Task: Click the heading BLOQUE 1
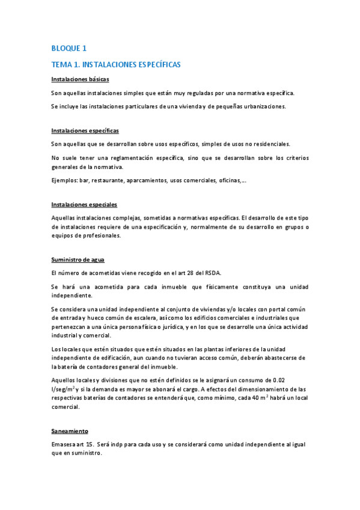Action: [x=69, y=48]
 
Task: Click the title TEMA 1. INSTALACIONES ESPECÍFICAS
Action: [x=116, y=64]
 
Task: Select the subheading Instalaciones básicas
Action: [x=80, y=79]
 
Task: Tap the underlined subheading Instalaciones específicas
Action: [x=85, y=130]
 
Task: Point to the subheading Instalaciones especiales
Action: [x=84, y=204]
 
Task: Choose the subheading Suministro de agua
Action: [x=78, y=259]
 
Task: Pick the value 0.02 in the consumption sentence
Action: [x=282, y=380]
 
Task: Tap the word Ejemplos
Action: [x=65, y=180]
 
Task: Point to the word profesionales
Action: [x=97, y=236]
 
